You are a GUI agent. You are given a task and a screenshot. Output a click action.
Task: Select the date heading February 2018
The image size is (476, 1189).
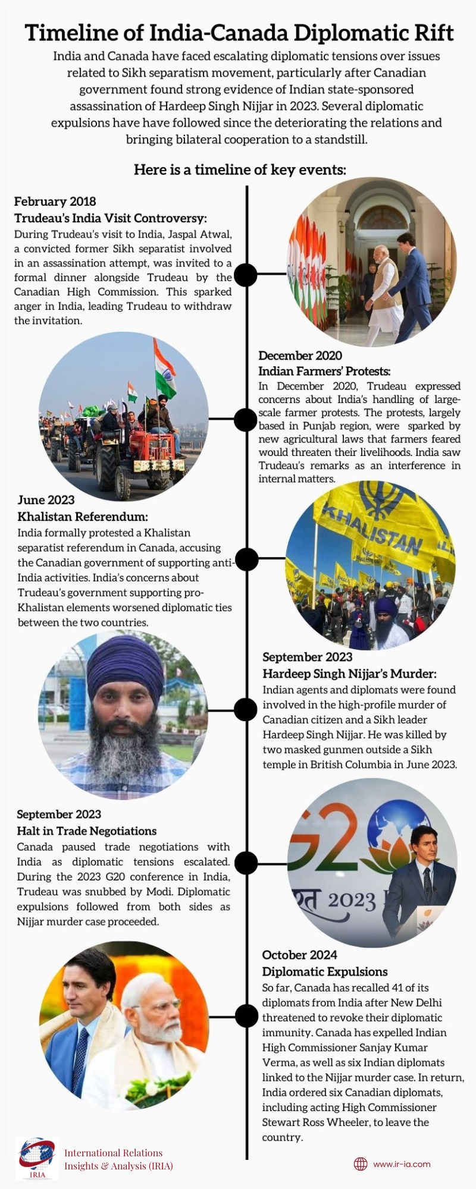click(x=55, y=202)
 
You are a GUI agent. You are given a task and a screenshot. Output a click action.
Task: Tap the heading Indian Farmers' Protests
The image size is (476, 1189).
click(x=324, y=371)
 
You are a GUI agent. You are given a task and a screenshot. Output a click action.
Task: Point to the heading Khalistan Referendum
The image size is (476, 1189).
click(x=83, y=517)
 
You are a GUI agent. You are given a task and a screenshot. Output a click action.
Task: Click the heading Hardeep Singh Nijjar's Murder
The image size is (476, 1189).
click(x=349, y=674)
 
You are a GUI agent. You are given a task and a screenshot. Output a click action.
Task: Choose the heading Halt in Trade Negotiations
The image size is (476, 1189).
click(x=86, y=831)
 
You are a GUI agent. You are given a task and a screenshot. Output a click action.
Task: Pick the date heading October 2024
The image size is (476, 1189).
click(x=299, y=955)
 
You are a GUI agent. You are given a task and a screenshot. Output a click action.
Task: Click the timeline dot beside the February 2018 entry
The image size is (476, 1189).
click(x=246, y=275)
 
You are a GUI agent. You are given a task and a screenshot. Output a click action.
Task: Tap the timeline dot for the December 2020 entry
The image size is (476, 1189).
click(x=246, y=420)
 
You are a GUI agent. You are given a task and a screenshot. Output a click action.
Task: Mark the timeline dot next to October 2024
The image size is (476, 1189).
click(x=246, y=1016)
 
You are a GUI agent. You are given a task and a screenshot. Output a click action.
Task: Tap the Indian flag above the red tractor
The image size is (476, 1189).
click(x=165, y=369)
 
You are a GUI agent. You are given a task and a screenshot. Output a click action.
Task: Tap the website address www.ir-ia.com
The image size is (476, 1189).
click(x=402, y=1164)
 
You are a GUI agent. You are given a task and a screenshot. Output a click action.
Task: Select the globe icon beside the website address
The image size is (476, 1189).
click(x=361, y=1164)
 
